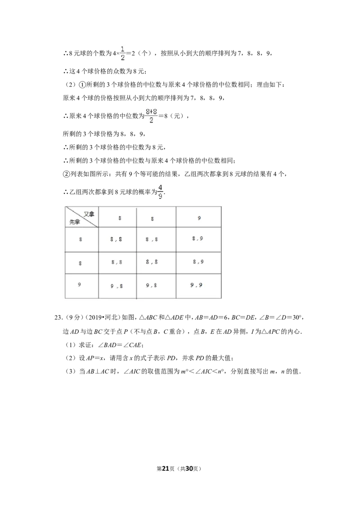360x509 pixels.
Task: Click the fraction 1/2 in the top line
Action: [x=122, y=53]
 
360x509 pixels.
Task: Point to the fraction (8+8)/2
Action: [x=151, y=116]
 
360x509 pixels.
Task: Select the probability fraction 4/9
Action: [x=161, y=192]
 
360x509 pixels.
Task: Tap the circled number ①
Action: [x=82, y=85]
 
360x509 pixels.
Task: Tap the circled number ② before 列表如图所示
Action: [x=66, y=174]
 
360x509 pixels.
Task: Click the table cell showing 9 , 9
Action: [x=196, y=285]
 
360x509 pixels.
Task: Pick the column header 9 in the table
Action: [x=199, y=218]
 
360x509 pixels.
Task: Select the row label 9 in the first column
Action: [x=79, y=285]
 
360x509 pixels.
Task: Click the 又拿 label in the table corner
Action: [x=89, y=214]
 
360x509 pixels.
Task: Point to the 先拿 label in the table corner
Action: [x=75, y=222]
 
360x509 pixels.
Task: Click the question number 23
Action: [x=58, y=317]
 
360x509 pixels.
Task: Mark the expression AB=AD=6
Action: [x=211, y=317]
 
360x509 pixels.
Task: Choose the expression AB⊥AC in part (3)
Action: [x=98, y=371]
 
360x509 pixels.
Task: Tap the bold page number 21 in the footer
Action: [x=166, y=469]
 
